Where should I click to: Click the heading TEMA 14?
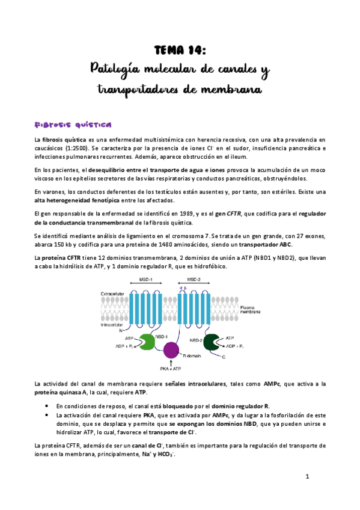[x=180, y=49]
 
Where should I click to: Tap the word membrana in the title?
[x=231, y=90]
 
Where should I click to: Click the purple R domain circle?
[x=171, y=349]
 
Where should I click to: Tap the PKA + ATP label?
[x=171, y=368]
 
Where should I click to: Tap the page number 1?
[x=307, y=477]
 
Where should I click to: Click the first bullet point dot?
[x=47, y=406]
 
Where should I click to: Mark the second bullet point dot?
[x=47, y=415]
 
